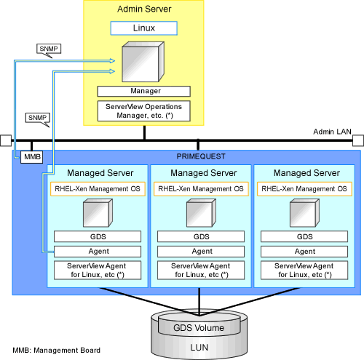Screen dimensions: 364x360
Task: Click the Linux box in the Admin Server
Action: point(144,28)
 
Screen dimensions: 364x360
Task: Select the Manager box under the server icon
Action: point(144,91)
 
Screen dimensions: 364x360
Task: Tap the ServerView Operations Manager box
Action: point(144,111)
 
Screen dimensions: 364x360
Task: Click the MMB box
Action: point(32,157)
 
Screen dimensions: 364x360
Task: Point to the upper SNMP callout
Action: point(49,50)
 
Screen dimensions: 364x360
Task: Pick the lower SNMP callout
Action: point(38,119)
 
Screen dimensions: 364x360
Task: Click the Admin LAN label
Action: point(332,132)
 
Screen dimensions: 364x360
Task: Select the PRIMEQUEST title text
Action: point(201,156)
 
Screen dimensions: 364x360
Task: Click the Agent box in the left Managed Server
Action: point(98,252)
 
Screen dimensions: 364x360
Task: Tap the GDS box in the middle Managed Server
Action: point(201,236)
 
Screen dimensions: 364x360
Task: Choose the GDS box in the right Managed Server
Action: point(304,236)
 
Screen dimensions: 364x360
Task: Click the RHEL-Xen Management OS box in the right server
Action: point(304,189)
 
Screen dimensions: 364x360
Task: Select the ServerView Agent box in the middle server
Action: point(201,271)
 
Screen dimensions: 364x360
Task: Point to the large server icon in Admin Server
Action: point(143,62)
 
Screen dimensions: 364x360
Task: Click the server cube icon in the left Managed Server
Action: point(98,213)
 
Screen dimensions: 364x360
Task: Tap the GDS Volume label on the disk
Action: point(199,328)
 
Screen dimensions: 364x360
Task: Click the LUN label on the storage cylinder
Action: point(199,348)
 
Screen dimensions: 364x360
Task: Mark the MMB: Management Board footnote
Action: point(57,351)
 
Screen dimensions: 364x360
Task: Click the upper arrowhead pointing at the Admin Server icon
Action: point(112,60)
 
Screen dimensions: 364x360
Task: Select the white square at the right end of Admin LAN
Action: point(358,140)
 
